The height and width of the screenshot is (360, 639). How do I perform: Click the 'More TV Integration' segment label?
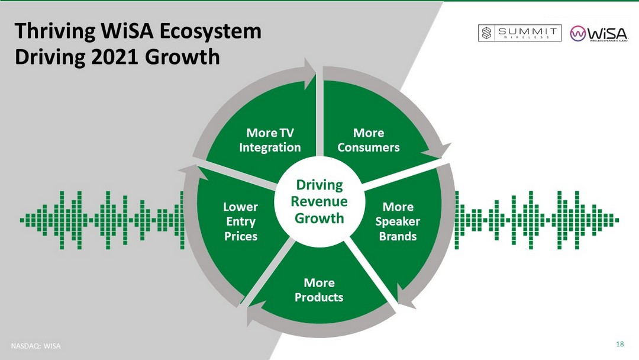pos(270,140)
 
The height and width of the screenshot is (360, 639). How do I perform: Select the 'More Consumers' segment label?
pos(369,140)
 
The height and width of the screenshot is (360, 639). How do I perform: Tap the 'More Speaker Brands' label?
pos(398,221)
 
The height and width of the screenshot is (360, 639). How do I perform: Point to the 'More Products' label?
pos(319,290)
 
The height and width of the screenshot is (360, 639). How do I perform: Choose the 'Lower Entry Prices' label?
pos(240,221)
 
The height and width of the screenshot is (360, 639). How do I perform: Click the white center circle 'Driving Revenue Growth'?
pos(319,202)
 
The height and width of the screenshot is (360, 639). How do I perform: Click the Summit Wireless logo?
pos(519,33)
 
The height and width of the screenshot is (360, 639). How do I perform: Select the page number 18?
pos(620,345)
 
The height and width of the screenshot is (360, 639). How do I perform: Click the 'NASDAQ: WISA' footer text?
pos(37,346)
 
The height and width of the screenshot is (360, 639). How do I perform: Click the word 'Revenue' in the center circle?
pos(319,202)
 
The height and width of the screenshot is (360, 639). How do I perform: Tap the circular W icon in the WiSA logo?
pos(578,34)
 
